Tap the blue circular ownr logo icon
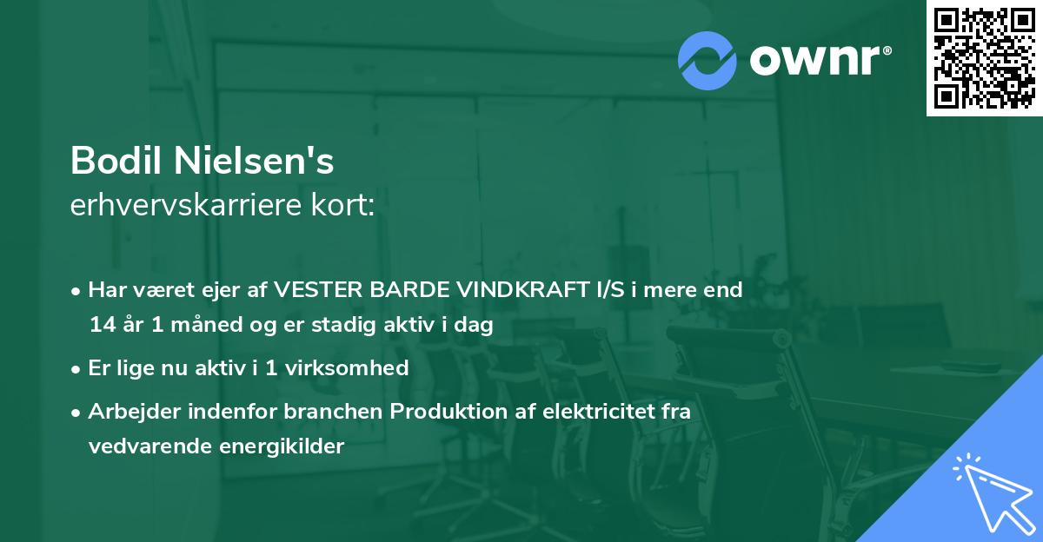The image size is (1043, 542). (707, 60)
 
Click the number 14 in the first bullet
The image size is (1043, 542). (101, 326)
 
